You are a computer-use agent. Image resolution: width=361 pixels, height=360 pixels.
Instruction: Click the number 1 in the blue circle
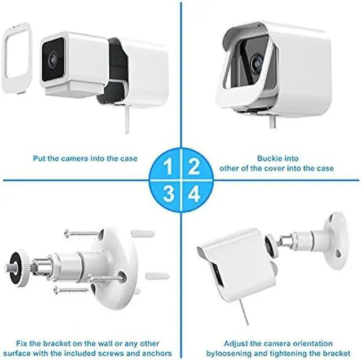[168, 166]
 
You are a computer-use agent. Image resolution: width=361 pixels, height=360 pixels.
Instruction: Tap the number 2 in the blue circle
[194, 166]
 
